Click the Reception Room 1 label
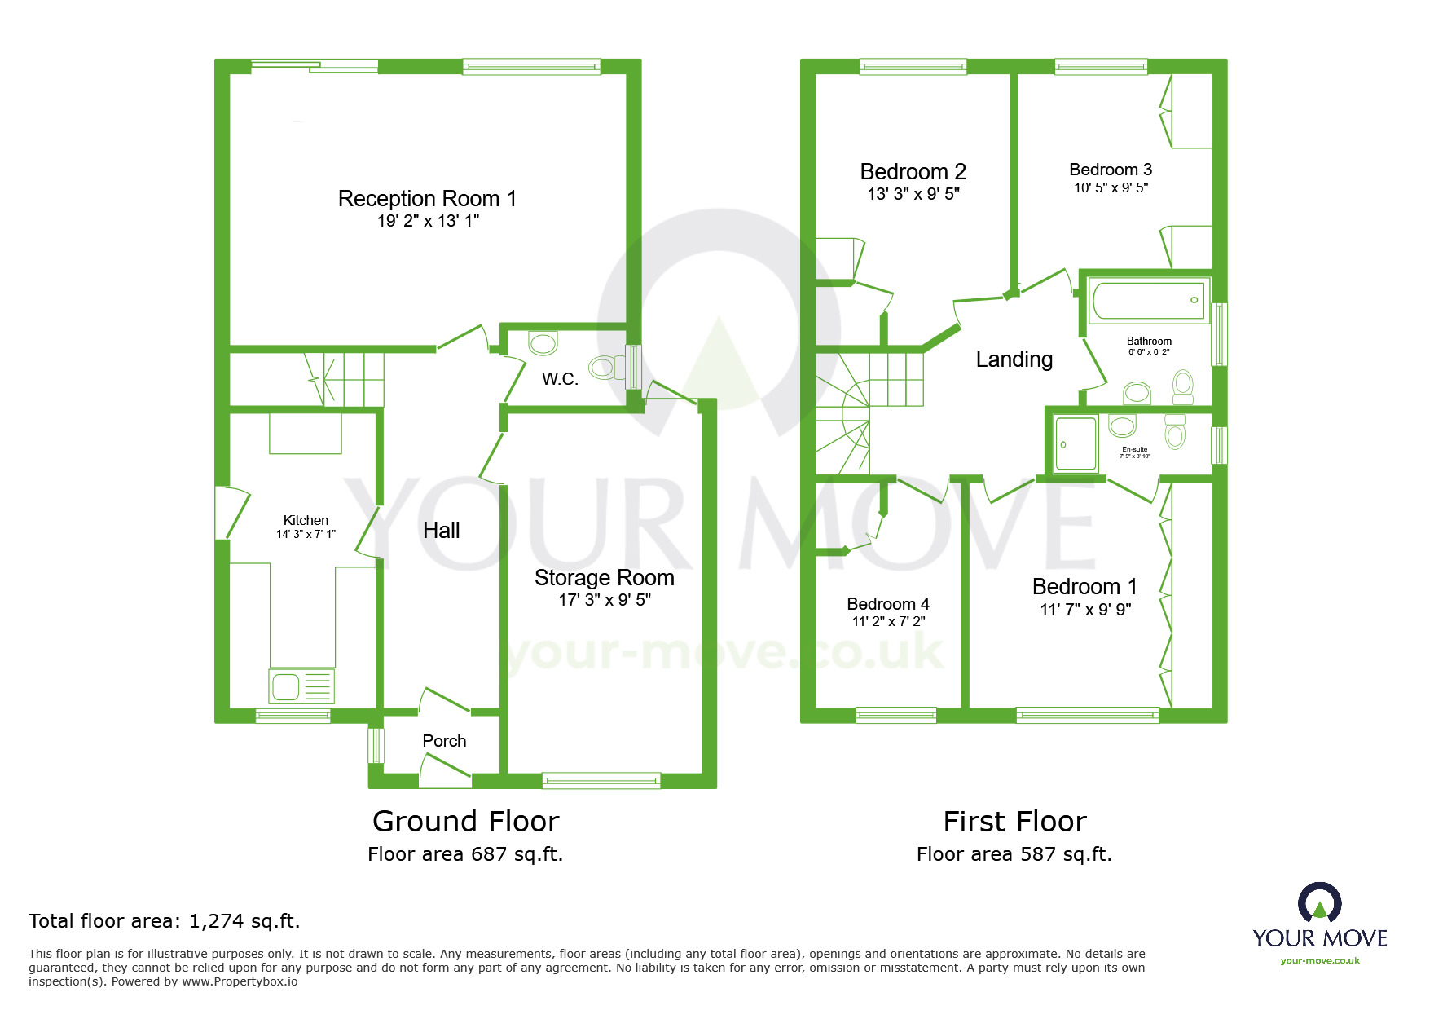(427, 198)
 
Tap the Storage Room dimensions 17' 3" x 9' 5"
(604, 600)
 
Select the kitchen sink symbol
(301, 686)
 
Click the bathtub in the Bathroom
(1148, 301)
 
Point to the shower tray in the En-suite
(1076, 443)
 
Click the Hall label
(441, 531)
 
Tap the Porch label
(444, 741)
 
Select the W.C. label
(560, 379)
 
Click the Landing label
(1014, 359)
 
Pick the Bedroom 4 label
(887, 604)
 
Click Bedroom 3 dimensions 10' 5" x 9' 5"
(1111, 188)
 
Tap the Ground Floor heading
(465, 822)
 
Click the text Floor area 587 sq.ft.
(1014, 854)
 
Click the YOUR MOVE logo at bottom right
(1319, 921)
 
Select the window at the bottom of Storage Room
(601, 781)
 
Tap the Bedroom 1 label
(1084, 587)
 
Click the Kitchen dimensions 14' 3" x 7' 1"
(306, 535)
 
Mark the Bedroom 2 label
(913, 172)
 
